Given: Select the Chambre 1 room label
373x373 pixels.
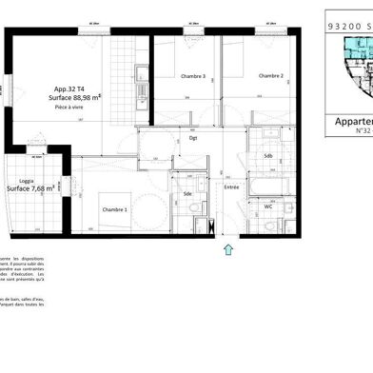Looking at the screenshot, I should tap(115, 209).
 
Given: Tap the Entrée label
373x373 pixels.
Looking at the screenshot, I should tap(231, 189).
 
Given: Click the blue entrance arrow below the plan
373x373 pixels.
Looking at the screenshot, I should tap(227, 249).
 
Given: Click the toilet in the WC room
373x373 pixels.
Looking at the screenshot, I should tap(283, 226).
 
